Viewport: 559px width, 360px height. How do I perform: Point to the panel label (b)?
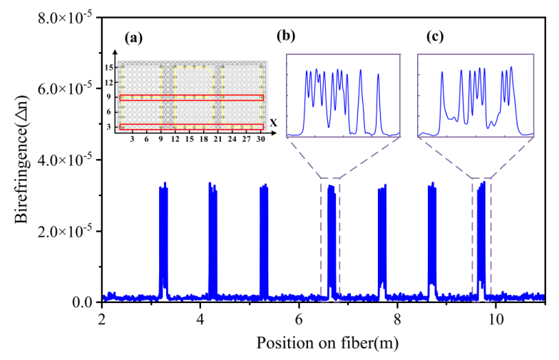tap(289, 36)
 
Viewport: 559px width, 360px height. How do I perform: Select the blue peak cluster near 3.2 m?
tap(163, 235)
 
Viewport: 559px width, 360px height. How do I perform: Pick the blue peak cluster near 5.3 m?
tap(264, 235)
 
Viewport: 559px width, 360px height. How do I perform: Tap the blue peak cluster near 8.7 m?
tap(432, 235)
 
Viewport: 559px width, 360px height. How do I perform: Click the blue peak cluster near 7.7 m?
tap(382, 235)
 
